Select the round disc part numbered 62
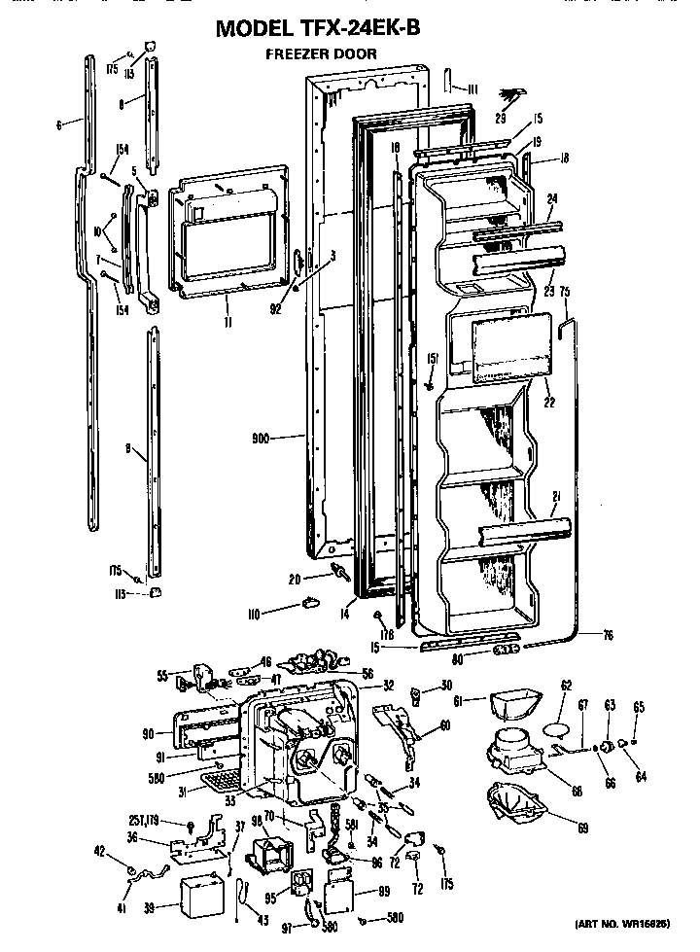click(x=555, y=724)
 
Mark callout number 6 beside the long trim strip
click(x=59, y=124)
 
